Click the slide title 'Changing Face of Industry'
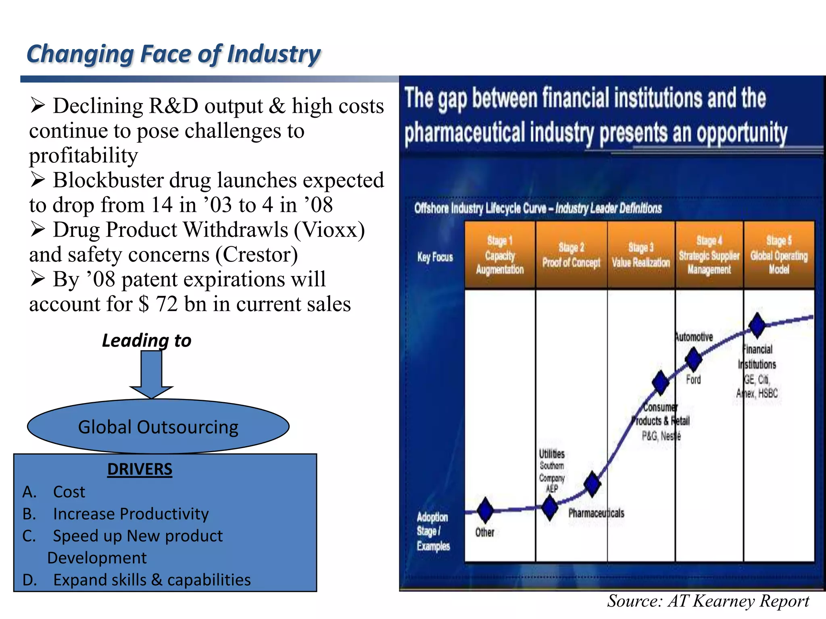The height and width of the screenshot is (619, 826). point(173,54)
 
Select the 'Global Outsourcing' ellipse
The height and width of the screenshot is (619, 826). point(158,427)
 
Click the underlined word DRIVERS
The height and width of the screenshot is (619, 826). point(140,469)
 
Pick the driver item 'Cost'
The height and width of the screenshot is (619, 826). point(69,492)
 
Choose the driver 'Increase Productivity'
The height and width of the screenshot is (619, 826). point(131,514)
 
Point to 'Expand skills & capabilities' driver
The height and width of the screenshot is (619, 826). point(152,580)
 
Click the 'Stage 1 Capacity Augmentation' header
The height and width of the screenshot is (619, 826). point(500,255)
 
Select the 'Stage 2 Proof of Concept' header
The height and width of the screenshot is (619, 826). point(571,255)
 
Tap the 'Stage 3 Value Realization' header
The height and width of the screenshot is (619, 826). point(641,255)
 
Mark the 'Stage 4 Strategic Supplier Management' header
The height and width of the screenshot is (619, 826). point(709,255)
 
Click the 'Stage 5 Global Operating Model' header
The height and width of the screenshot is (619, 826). point(779,255)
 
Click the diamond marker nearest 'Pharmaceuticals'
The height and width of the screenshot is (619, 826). point(592,484)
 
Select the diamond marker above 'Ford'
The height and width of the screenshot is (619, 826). point(694,359)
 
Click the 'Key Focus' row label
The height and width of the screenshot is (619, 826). point(435,257)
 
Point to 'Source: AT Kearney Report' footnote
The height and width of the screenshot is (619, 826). point(708,601)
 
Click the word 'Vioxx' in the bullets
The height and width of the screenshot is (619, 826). point(329,230)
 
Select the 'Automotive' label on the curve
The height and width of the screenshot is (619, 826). point(694,337)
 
